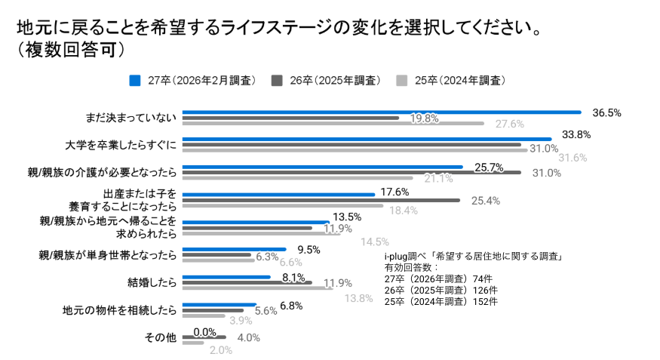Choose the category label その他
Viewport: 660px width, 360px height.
(x=160, y=337)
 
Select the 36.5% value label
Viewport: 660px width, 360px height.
(x=606, y=112)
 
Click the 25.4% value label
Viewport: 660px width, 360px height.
(x=485, y=201)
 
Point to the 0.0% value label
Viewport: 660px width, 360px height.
(x=204, y=332)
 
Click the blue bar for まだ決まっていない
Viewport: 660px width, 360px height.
(x=381, y=112)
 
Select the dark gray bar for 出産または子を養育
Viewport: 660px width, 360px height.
(x=321, y=200)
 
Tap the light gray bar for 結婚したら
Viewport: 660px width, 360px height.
(x=257, y=288)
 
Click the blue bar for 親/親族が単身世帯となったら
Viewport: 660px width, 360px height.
(x=235, y=249)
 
